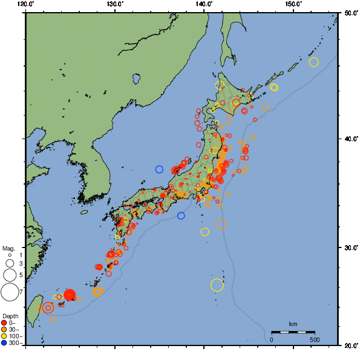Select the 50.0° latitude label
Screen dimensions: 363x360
(x=349, y=13)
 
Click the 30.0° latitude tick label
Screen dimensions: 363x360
(x=349, y=248)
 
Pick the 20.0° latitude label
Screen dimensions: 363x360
(x=349, y=345)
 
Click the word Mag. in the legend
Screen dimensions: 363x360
(x=8, y=248)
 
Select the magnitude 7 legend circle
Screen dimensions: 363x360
(x=9, y=292)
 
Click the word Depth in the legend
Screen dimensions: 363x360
(x=10, y=316)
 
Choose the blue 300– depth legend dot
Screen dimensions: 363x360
(x=4, y=343)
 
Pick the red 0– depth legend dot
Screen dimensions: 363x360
(x=4, y=323)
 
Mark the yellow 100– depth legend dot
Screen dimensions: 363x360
(x=4, y=336)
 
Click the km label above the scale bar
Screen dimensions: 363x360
(x=293, y=324)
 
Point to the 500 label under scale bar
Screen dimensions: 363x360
(x=314, y=339)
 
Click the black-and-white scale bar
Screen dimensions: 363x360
(x=293, y=332)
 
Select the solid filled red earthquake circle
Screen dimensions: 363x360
(x=70, y=295)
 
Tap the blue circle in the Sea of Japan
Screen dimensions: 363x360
(x=159, y=169)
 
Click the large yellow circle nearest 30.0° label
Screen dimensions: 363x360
(x=217, y=285)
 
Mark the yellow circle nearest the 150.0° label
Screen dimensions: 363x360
(x=313, y=62)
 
